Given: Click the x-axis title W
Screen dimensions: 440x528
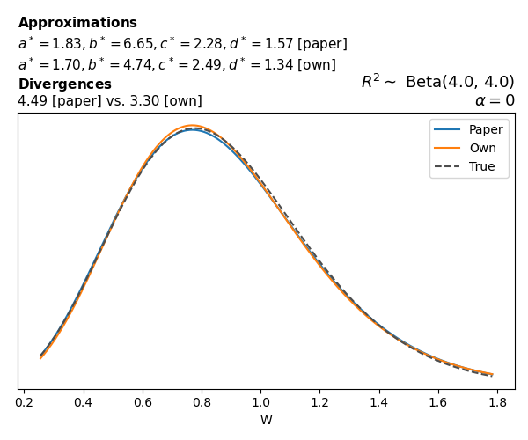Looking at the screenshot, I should tap(266, 420).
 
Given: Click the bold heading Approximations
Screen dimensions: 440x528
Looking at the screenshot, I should tap(77, 23).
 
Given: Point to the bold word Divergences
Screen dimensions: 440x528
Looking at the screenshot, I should tap(64, 84).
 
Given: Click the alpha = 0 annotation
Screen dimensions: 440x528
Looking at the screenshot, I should tap(495, 100).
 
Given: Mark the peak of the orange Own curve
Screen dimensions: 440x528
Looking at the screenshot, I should tap(193, 126).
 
